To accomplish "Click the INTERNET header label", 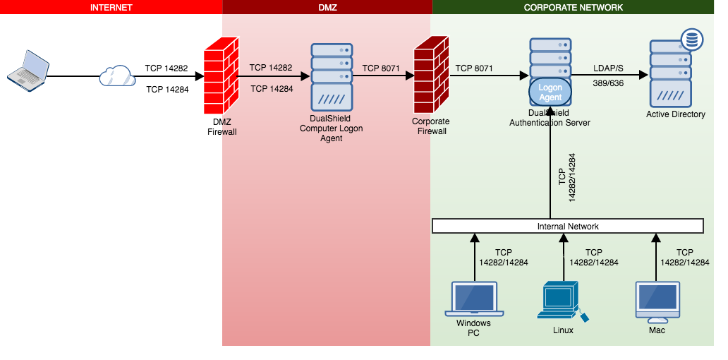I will pyautogui.click(x=111, y=7).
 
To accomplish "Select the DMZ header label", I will pyautogui.click(x=327, y=7).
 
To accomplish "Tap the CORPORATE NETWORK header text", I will pyautogui.click(x=573, y=7).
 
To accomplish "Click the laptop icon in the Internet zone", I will pyautogui.click(x=28, y=69).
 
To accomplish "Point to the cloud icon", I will pyautogui.click(x=117, y=75).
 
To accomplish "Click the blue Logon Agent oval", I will pyautogui.click(x=550, y=92).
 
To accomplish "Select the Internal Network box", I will pyautogui.click(x=568, y=226).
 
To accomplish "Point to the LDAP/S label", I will pyautogui.click(x=608, y=68).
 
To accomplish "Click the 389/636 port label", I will pyautogui.click(x=608, y=83).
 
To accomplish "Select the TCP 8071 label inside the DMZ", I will pyautogui.click(x=381, y=68).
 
